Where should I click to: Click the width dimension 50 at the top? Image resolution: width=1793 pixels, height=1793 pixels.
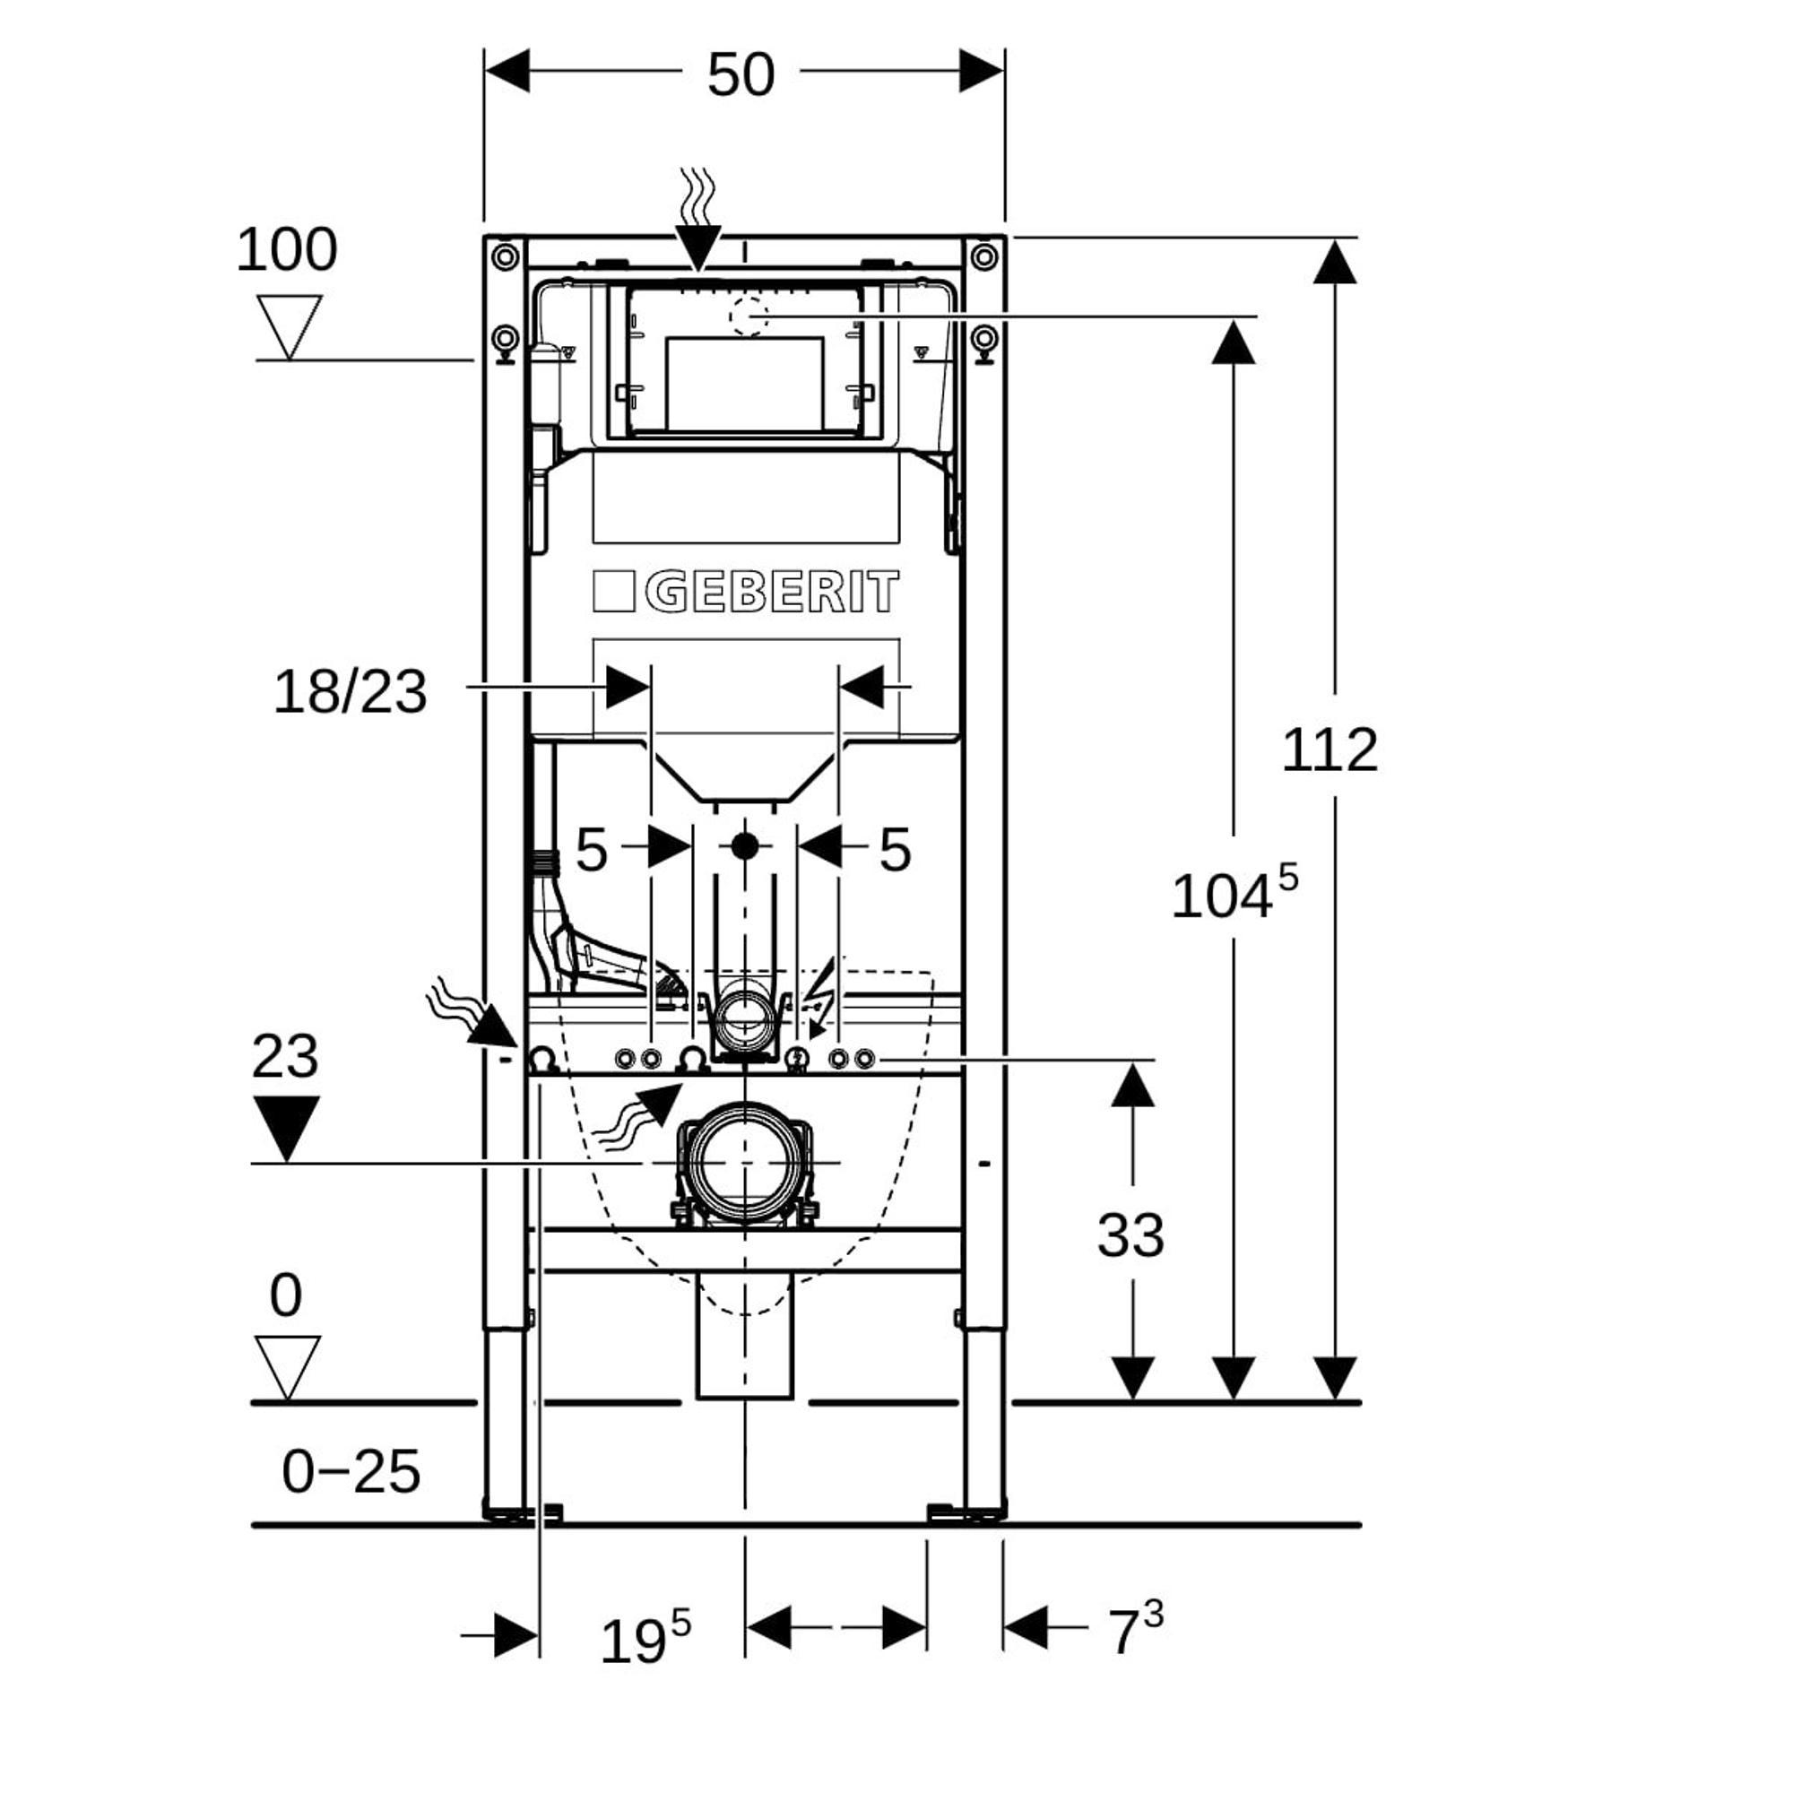click(741, 74)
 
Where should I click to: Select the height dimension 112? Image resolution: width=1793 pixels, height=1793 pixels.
click(1329, 749)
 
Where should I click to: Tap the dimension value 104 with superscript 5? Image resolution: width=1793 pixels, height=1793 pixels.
click(1233, 895)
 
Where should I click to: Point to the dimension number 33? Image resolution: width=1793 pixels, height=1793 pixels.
click(1130, 1234)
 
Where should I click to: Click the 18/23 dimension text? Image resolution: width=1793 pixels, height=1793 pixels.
click(350, 691)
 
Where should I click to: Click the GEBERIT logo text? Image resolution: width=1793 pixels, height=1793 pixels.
click(771, 592)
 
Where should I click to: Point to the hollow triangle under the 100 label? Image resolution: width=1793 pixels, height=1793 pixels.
click(289, 324)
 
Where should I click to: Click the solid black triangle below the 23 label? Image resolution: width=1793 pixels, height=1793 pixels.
click(286, 1126)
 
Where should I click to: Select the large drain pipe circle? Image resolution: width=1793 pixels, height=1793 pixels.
click(745, 1163)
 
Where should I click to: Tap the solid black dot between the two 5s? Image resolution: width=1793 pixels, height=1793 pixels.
click(744, 845)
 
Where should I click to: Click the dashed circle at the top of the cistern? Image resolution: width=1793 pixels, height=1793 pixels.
click(748, 316)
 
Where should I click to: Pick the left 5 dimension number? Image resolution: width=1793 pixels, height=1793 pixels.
click(591, 849)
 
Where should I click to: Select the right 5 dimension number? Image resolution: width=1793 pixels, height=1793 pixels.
click(895, 849)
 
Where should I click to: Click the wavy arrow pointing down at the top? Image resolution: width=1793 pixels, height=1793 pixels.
click(697, 219)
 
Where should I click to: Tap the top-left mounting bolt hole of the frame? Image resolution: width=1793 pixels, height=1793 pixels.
click(505, 256)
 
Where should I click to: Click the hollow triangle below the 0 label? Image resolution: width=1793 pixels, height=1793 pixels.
click(288, 1365)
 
